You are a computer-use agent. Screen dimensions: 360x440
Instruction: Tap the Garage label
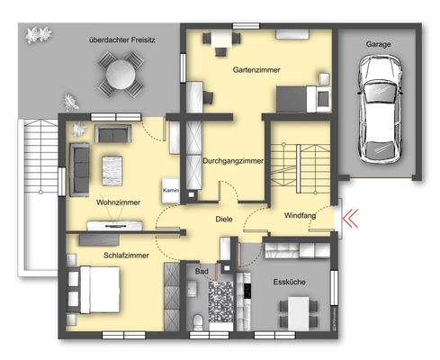(378, 42)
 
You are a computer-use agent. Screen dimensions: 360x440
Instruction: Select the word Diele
(224, 219)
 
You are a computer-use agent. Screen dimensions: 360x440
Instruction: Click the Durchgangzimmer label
(233, 161)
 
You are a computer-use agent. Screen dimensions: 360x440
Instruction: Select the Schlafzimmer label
(101, 256)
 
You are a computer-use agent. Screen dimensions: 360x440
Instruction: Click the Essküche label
(291, 282)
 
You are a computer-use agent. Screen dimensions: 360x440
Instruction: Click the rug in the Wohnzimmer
(112, 168)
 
